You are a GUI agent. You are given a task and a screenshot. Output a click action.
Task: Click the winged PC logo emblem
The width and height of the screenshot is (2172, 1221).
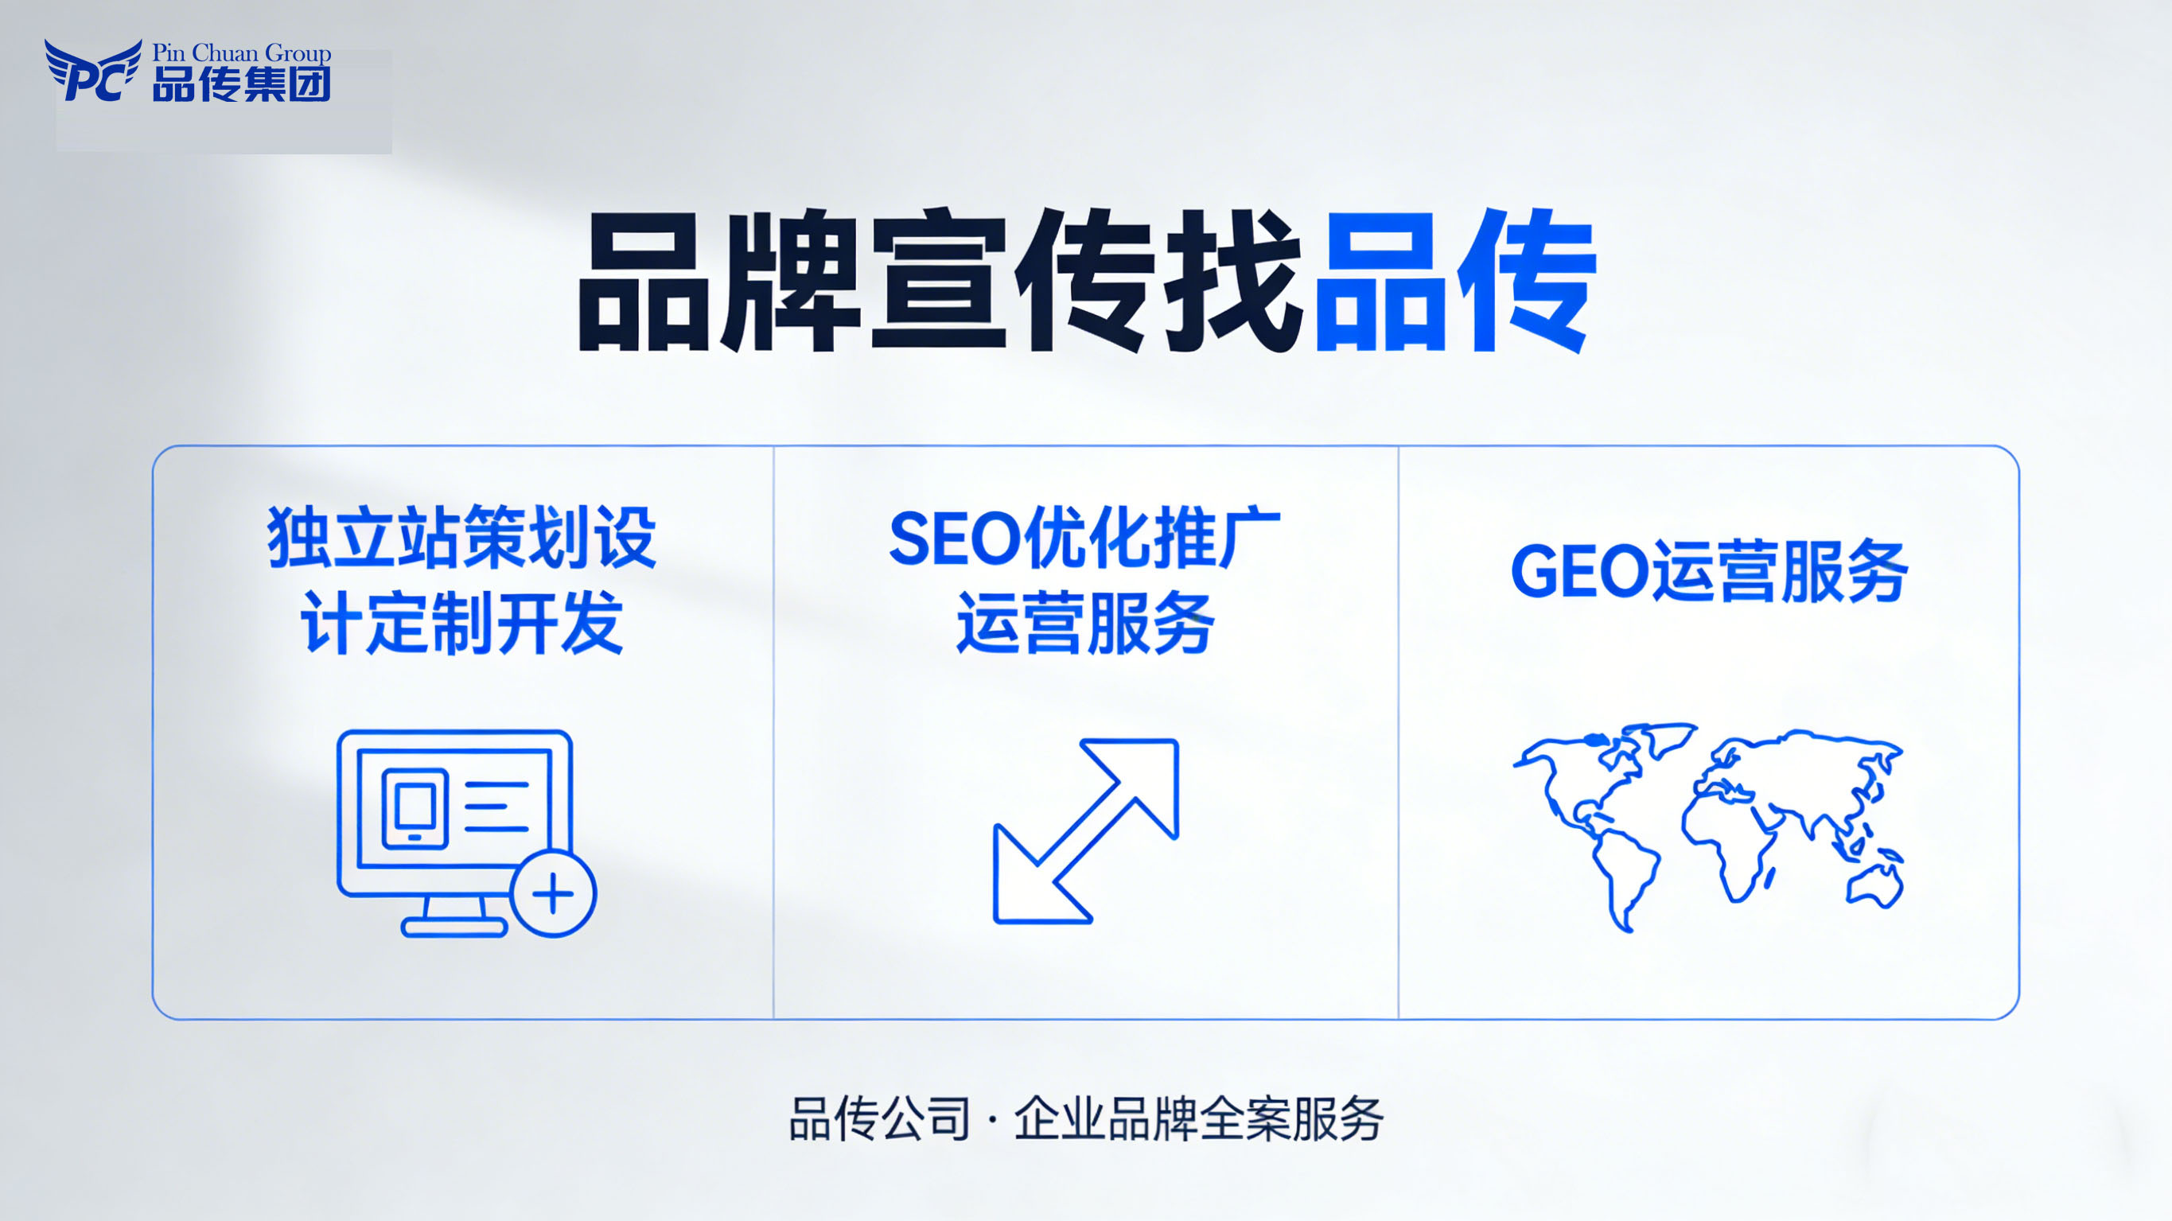click(x=91, y=71)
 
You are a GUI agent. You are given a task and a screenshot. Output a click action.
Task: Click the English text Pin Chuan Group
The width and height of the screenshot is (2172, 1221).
click(x=241, y=52)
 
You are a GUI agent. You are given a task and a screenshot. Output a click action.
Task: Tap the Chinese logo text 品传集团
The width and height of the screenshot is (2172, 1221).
click(x=241, y=84)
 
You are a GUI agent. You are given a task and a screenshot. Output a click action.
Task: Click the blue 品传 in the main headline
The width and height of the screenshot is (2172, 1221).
click(x=1454, y=280)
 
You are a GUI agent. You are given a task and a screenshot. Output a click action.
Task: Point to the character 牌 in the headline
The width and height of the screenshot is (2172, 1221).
click(x=791, y=280)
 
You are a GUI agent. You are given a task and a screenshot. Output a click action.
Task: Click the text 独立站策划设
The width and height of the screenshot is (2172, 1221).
click(x=462, y=538)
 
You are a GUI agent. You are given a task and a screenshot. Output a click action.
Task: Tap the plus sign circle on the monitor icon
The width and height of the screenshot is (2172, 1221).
click(x=553, y=894)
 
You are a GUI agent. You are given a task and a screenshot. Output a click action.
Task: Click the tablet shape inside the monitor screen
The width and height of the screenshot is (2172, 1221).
click(x=415, y=808)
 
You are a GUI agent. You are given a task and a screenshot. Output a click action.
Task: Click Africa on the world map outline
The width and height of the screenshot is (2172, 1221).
click(x=1729, y=843)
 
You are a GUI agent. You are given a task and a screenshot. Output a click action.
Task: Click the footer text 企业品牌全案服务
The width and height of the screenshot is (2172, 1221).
click(x=1198, y=1120)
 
